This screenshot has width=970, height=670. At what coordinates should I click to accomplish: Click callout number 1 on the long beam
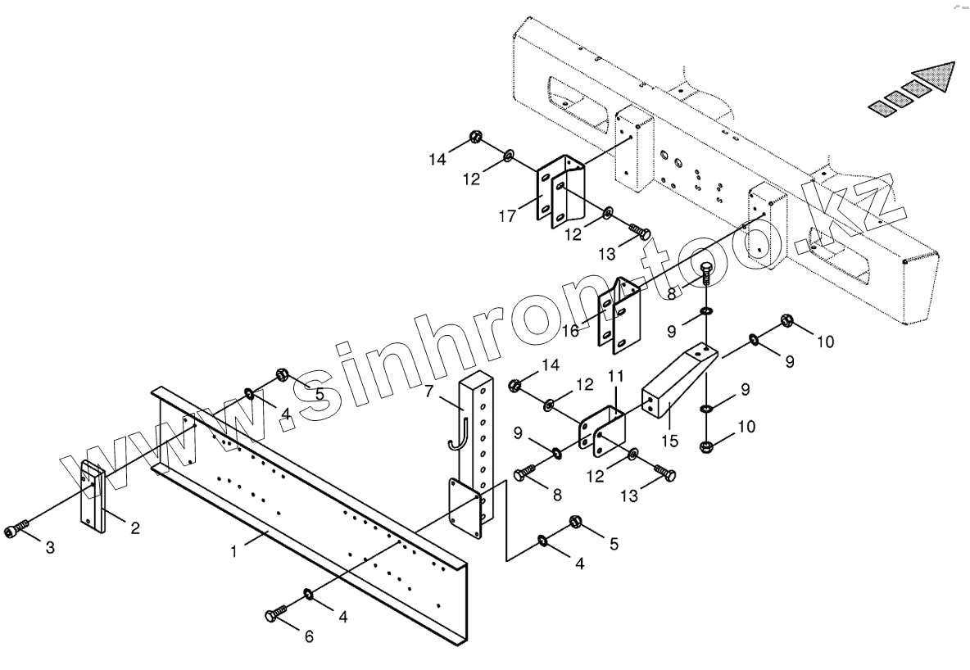[233, 552]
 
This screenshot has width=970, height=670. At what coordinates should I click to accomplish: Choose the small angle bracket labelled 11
[605, 428]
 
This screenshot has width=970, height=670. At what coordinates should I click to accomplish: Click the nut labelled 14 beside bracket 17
[476, 138]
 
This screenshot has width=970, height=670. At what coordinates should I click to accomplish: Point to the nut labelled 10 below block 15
[706, 447]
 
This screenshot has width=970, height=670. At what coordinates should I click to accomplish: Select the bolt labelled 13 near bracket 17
[639, 232]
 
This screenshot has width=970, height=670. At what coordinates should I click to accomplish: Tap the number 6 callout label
[309, 636]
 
